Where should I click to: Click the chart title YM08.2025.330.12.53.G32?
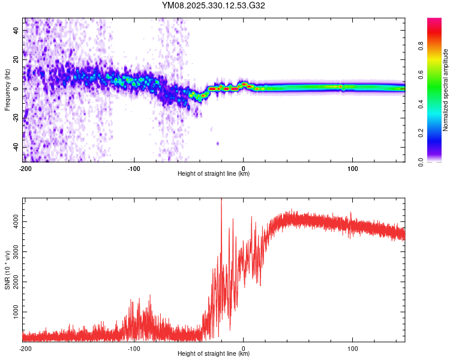click(214, 5)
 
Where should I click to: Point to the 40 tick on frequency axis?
click(16, 30)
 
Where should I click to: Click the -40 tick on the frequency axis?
click(15, 147)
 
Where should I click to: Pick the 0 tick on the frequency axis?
click(18, 89)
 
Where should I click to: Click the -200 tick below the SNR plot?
click(25, 349)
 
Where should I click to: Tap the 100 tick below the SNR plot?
click(353, 349)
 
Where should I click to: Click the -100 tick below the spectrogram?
click(134, 169)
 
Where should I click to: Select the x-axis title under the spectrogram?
click(214, 174)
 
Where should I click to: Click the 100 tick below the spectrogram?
click(353, 169)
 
